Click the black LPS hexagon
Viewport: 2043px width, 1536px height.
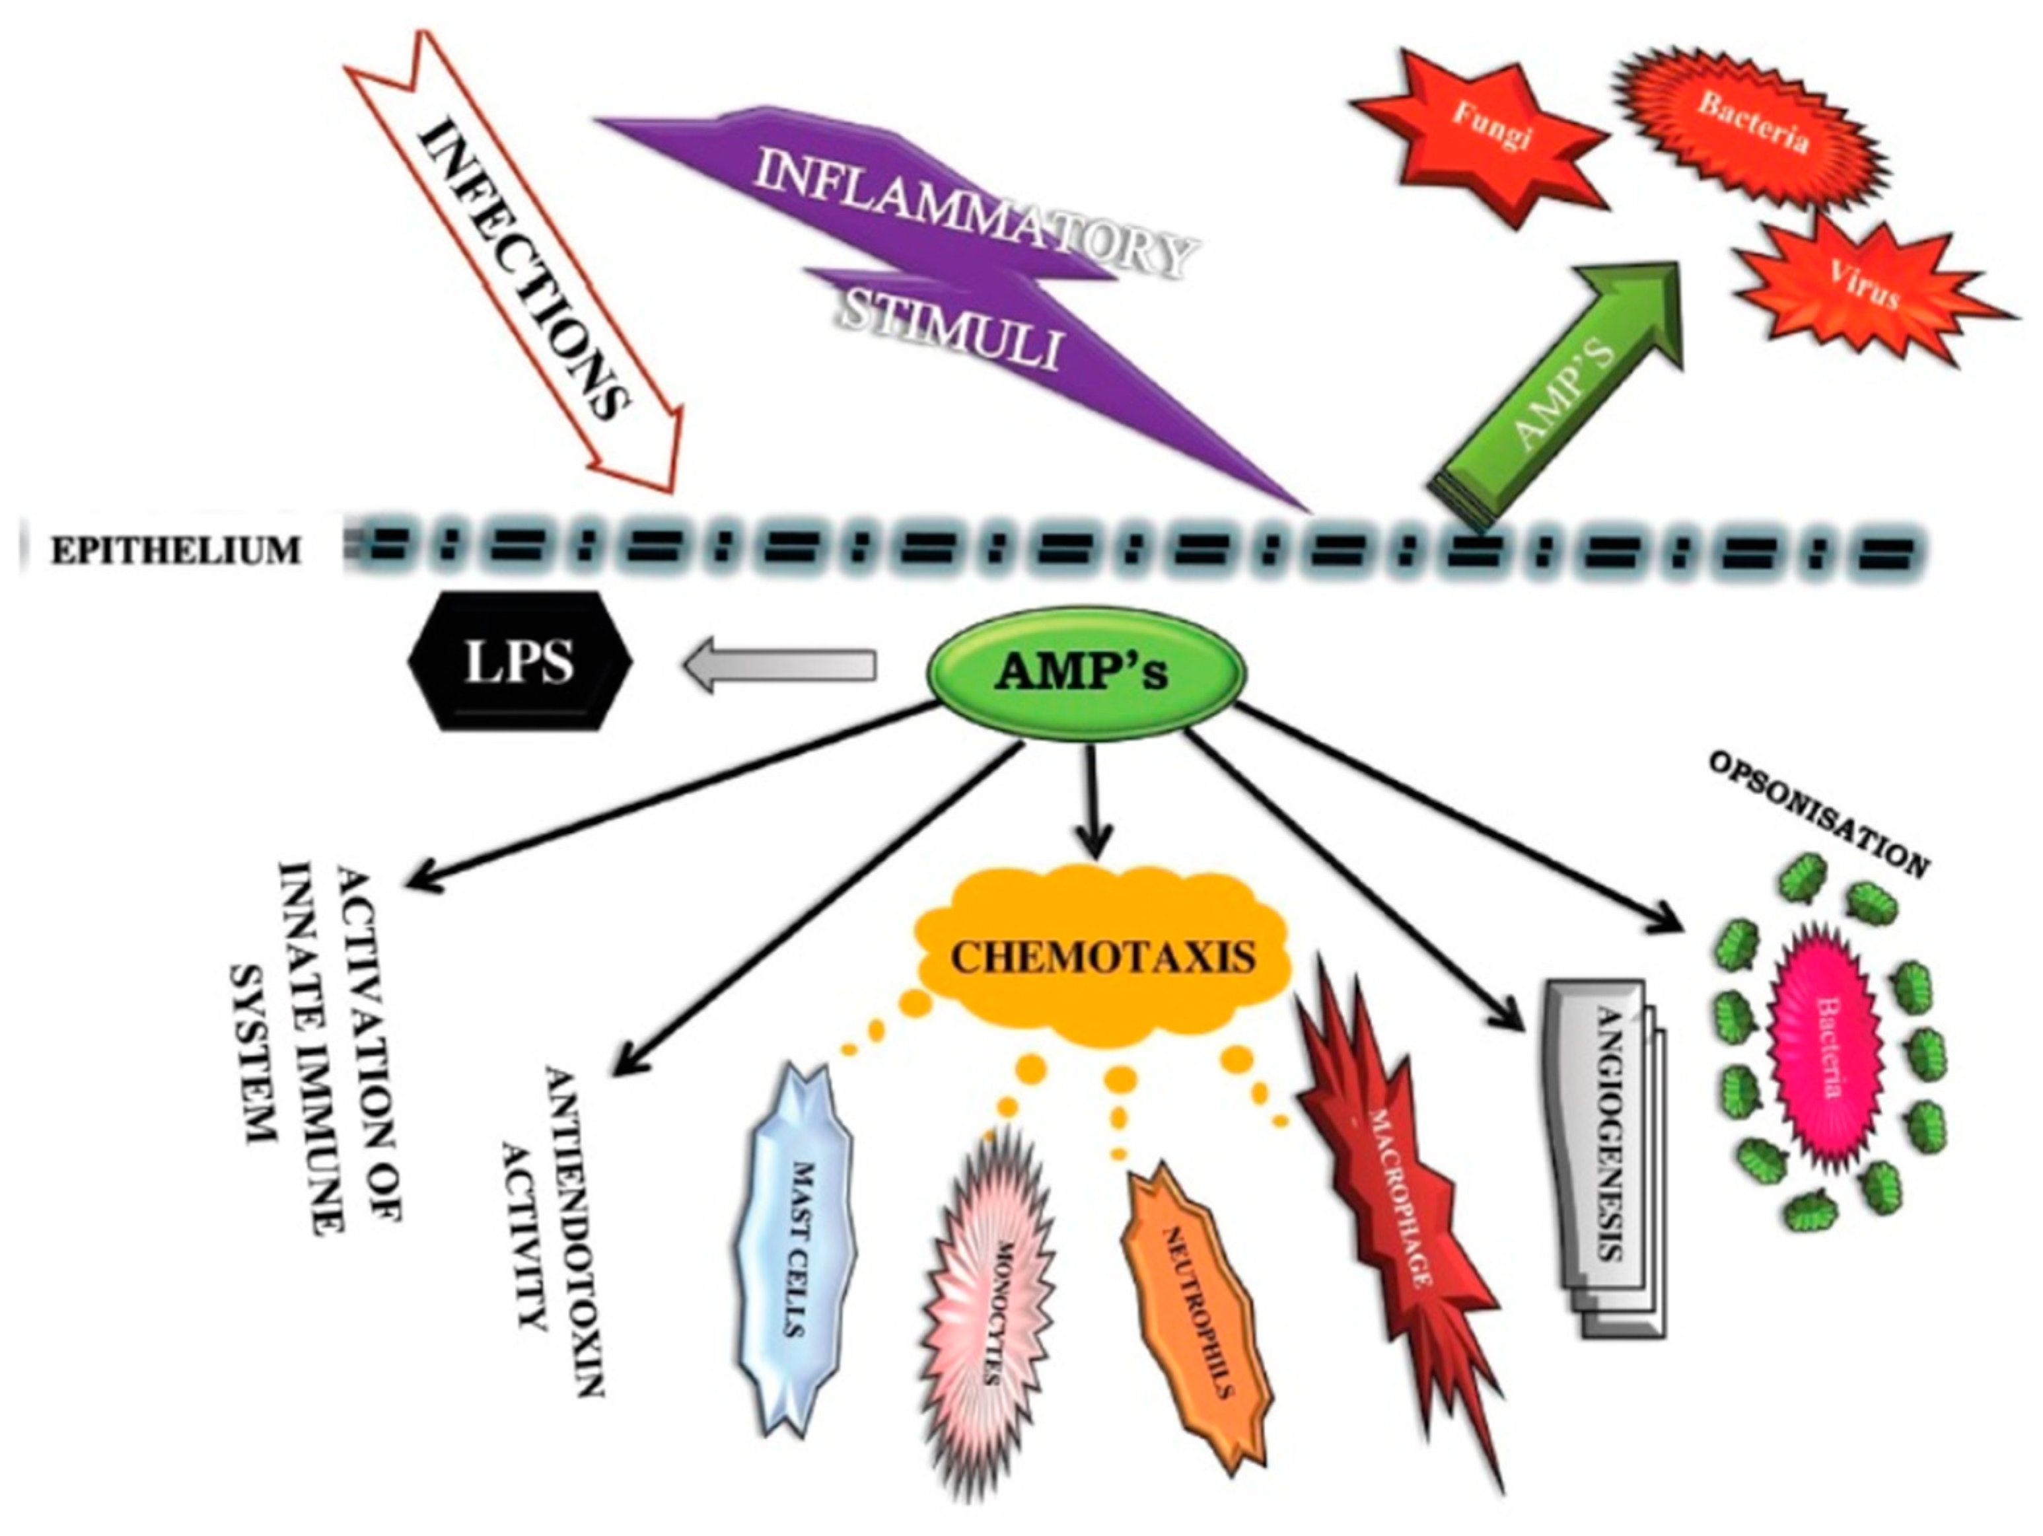tap(520, 661)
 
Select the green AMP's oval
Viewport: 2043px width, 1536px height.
tap(1085, 673)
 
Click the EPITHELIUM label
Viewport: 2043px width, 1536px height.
tap(176, 552)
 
